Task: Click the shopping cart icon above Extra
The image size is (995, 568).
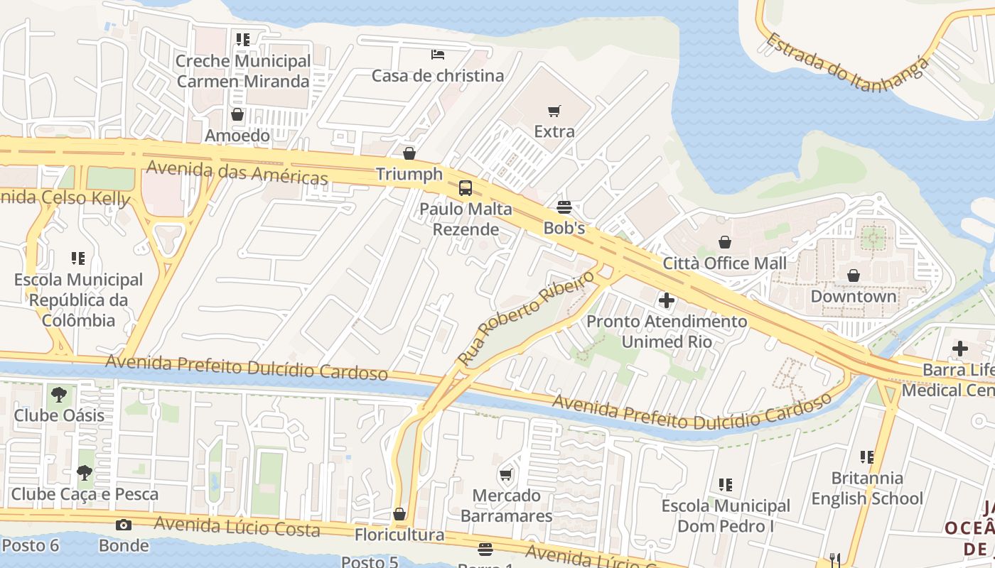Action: pyautogui.click(x=554, y=111)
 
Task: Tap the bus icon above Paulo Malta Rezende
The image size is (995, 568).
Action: pyautogui.click(x=466, y=188)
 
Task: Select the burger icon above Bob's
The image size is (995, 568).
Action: pyautogui.click(x=564, y=207)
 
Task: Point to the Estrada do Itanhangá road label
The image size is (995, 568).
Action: pyautogui.click(x=846, y=62)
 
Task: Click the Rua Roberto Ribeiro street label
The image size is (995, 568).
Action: pyautogui.click(x=526, y=317)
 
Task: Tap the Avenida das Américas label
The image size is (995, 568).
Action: pyautogui.click(x=237, y=173)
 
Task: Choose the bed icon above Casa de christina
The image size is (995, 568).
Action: pyautogui.click(x=438, y=55)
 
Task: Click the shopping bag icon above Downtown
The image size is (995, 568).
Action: pyautogui.click(x=854, y=275)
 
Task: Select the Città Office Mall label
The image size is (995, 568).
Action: pyautogui.click(x=724, y=263)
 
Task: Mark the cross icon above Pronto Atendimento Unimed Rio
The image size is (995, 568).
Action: pyautogui.click(x=667, y=300)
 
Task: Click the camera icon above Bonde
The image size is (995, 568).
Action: pyautogui.click(x=124, y=525)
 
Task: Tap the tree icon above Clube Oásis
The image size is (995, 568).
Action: pyautogui.click(x=59, y=394)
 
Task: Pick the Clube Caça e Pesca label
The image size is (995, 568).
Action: pyautogui.click(x=85, y=493)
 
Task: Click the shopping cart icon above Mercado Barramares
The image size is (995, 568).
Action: pyautogui.click(x=506, y=474)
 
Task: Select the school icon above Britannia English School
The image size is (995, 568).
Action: pyautogui.click(x=866, y=457)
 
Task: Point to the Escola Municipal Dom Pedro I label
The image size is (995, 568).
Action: pyautogui.click(x=726, y=515)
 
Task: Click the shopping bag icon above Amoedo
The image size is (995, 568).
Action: pyautogui.click(x=237, y=114)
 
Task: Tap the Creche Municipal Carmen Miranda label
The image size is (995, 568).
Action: pyautogui.click(x=243, y=71)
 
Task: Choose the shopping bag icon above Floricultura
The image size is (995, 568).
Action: pyautogui.click(x=399, y=513)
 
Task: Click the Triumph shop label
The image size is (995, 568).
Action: pyautogui.click(x=409, y=174)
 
